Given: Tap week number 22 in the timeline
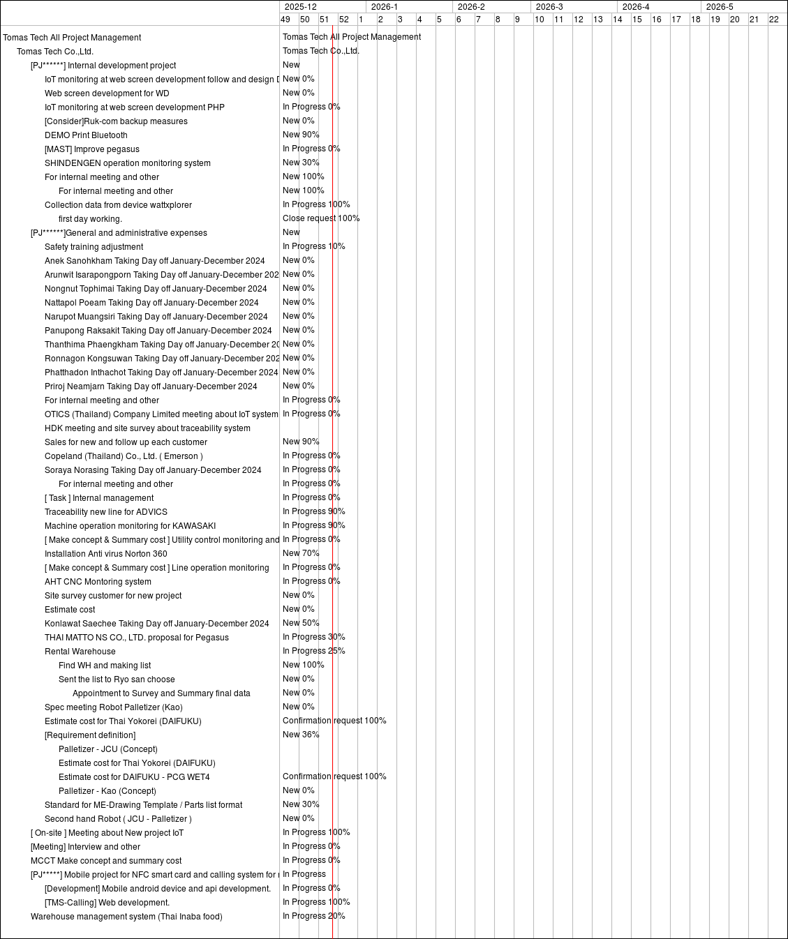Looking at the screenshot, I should pos(773,20).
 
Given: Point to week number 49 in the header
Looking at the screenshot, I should pos(285,20).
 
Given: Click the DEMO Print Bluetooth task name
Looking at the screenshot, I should pos(86,135).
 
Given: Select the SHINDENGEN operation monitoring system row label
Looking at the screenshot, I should pos(127,163).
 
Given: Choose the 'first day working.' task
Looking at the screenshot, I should pos(90,219).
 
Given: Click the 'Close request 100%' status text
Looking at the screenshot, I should pos(321,218).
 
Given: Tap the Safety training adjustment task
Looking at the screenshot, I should pos(94,247).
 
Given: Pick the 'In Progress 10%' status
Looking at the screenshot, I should pos(313,246).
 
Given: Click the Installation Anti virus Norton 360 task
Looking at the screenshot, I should pos(105,554).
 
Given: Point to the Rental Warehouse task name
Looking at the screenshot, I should pos(80,652).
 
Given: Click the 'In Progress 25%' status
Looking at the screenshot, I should pos(313,651).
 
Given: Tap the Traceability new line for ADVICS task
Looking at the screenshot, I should pos(106,512).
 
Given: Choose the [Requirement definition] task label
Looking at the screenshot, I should pos(90,735).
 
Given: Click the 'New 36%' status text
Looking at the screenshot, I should pos(301,735).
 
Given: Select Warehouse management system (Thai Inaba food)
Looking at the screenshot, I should pos(126,917).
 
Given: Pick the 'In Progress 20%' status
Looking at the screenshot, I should pos(313,916).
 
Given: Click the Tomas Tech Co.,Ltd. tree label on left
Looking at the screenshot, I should pos(55,52).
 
